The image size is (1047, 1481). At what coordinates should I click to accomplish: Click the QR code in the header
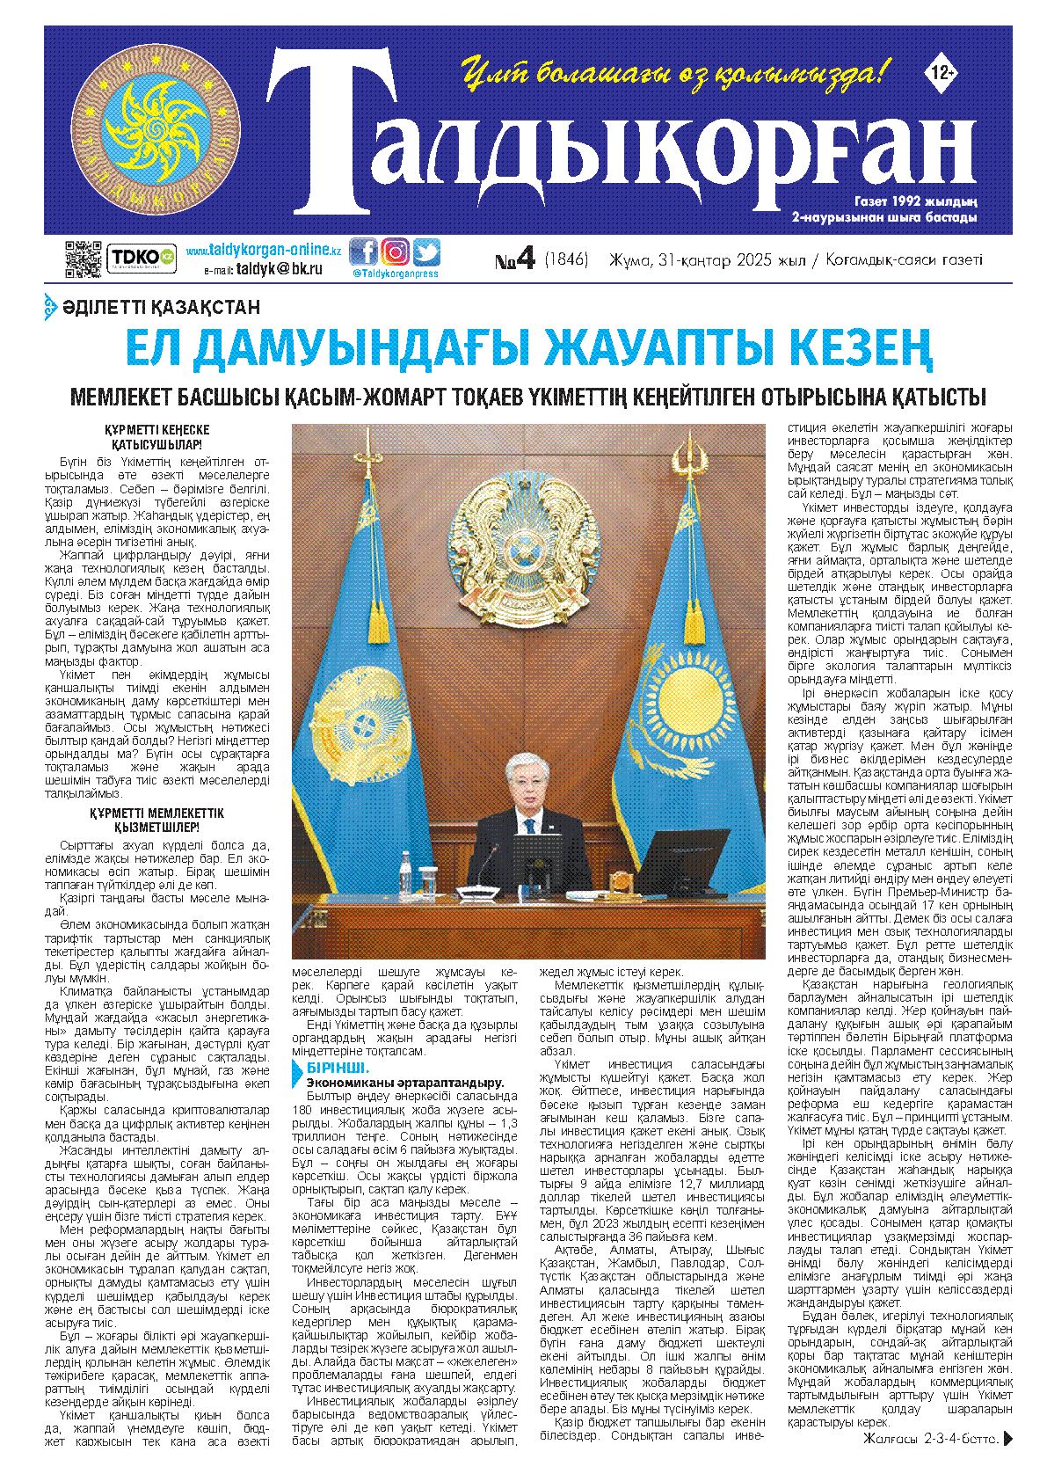(x=84, y=259)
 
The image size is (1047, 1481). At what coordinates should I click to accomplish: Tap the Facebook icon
(x=363, y=252)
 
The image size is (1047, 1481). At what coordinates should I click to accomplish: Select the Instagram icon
(x=395, y=252)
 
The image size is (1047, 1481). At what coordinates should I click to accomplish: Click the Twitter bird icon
(x=426, y=252)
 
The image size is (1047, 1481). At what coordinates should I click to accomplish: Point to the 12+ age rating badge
(x=941, y=74)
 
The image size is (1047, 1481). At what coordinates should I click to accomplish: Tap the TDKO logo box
(x=141, y=258)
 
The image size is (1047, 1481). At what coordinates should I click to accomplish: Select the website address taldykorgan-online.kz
(x=263, y=250)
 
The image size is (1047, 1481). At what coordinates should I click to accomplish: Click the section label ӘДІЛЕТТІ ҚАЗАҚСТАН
(x=161, y=307)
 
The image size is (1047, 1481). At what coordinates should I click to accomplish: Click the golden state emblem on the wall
(x=528, y=552)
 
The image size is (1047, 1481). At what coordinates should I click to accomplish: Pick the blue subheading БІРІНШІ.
(x=331, y=1068)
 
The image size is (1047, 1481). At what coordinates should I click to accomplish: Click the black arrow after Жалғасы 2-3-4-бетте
(x=1008, y=1439)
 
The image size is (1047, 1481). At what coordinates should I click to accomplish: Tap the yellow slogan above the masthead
(x=675, y=73)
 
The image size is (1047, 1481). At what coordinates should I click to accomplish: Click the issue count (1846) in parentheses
(x=566, y=259)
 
